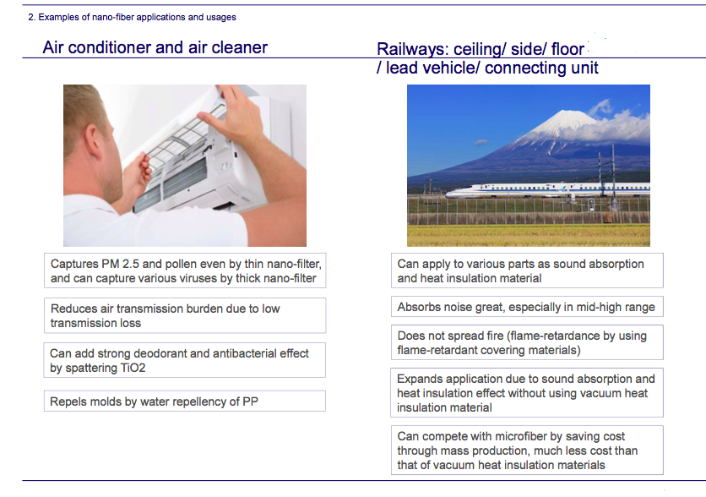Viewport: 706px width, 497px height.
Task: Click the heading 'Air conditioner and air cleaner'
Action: tap(155, 47)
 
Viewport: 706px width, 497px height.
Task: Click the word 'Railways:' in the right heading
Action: tap(412, 49)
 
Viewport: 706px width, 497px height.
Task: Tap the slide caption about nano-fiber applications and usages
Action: tap(132, 17)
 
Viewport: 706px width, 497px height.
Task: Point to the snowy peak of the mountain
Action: tap(568, 118)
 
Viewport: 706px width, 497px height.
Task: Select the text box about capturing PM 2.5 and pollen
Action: tap(185, 270)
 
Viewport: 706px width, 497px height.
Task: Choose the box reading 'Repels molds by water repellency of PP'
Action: tap(185, 401)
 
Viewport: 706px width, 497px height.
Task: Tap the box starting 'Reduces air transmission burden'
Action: tap(185, 315)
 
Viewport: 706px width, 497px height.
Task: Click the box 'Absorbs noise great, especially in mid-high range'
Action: tap(527, 307)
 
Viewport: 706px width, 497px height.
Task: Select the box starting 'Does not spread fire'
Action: tap(527, 342)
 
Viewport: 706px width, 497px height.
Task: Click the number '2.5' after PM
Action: tap(131, 264)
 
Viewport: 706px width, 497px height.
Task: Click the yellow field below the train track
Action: tap(529, 235)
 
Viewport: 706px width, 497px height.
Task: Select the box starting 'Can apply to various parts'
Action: tap(527, 270)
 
